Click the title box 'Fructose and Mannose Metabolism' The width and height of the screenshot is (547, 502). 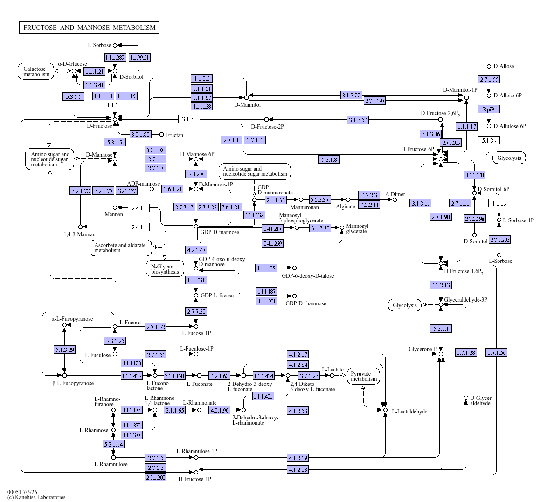89,28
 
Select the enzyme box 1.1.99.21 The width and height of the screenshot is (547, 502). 139,57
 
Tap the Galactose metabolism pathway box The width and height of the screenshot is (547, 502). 36,71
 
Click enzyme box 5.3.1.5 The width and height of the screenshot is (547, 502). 74,96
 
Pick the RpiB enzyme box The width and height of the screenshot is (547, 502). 489,110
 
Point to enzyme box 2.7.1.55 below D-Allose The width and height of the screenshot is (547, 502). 489,80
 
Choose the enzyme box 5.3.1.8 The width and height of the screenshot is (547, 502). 329,160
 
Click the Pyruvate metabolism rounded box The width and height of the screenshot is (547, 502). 364,377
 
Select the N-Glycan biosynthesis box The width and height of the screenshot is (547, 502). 165,269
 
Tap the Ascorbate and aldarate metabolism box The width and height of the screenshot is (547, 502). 121,248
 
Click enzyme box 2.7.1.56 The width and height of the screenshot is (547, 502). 497,353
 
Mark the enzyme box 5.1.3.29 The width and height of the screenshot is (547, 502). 64,350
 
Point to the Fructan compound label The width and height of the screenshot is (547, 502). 174,135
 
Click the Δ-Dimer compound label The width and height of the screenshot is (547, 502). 395,194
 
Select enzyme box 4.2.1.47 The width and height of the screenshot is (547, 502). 196,250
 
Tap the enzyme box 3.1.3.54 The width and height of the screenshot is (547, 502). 358,120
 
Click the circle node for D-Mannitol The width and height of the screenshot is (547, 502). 246,97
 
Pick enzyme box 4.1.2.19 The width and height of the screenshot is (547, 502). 298,458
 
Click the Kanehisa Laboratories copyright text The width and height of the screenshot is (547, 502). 36,497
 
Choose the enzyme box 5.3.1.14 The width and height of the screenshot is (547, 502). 113,445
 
